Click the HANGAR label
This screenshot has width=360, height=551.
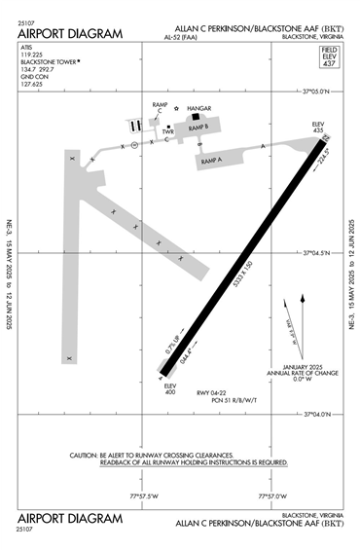[x=198, y=110]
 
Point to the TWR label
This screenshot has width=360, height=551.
[x=168, y=133]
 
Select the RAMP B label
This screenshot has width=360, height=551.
[x=198, y=127]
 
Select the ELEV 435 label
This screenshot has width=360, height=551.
[x=317, y=128]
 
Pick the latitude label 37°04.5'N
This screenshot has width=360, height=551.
[x=317, y=252]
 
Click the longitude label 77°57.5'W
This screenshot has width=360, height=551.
[x=143, y=496]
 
